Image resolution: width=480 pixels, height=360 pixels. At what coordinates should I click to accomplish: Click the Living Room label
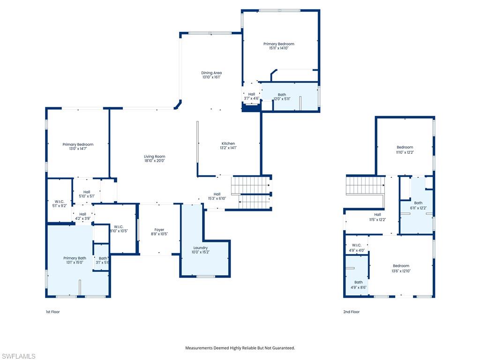pyautogui.click(x=154, y=157)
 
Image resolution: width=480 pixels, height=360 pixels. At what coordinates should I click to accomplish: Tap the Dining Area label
pyautogui.click(x=211, y=73)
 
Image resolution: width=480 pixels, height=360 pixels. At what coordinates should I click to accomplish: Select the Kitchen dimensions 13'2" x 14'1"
pyautogui.click(x=228, y=148)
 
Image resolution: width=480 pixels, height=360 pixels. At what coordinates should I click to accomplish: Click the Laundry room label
pyautogui.click(x=201, y=247)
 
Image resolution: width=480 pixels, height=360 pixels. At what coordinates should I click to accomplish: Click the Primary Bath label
pyautogui.click(x=75, y=258)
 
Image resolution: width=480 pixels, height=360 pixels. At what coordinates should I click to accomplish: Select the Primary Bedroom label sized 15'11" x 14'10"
pyautogui.click(x=278, y=44)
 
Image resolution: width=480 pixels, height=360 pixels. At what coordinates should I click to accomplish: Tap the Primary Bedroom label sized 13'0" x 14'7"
pyautogui.click(x=78, y=144)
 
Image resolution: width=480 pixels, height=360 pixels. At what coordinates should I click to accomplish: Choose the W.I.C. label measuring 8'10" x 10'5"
pyautogui.click(x=119, y=227)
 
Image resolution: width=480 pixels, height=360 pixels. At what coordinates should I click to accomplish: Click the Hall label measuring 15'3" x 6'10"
pyautogui.click(x=217, y=194)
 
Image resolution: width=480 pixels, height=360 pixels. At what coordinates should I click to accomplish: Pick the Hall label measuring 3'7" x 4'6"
pyautogui.click(x=252, y=94)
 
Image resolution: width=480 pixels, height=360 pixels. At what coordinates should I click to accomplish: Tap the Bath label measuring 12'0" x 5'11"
pyautogui.click(x=282, y=95)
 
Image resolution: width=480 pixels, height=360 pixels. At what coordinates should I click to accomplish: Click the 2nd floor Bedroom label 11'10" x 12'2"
pyautogui.click(x=405, y=147)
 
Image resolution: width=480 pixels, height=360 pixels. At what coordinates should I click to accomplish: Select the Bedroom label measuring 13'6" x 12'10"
pyautogui.click(x=401, y=266)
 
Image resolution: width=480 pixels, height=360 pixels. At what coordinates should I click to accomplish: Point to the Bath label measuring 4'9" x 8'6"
pyautogui.click(x=358, y=282)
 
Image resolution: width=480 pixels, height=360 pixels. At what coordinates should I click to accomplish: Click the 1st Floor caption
pyautogui.click(x=52, y=312)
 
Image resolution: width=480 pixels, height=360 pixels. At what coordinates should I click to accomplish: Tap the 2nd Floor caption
pyautogui.click(x=351, y=312)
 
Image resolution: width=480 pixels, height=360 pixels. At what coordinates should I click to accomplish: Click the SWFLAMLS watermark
pyautogui.click(x=18, y=356)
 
